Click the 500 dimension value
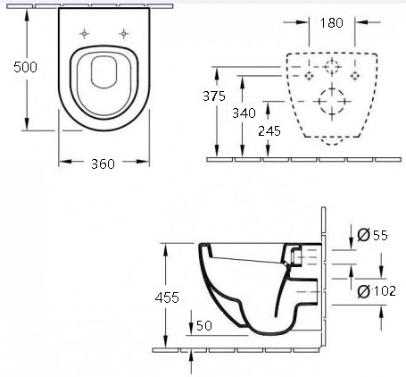[25, 67]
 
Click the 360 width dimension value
[103, 164]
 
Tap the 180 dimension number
[332, 23]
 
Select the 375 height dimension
[214, 96]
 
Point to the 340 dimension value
[244, 113]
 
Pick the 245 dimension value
[269, 131]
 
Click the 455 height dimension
[167, 297]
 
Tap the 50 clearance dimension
[204, 325]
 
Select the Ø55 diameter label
[373, 235]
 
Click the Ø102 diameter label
[377, 291]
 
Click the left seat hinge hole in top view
[85, 34]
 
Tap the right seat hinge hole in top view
[124, 34]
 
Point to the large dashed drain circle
[332, 102]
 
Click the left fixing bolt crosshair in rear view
[310, 76]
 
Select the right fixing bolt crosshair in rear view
[354, 76]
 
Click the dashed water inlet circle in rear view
[332, 66]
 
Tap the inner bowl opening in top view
[104, 72]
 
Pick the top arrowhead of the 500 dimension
[27, 15]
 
